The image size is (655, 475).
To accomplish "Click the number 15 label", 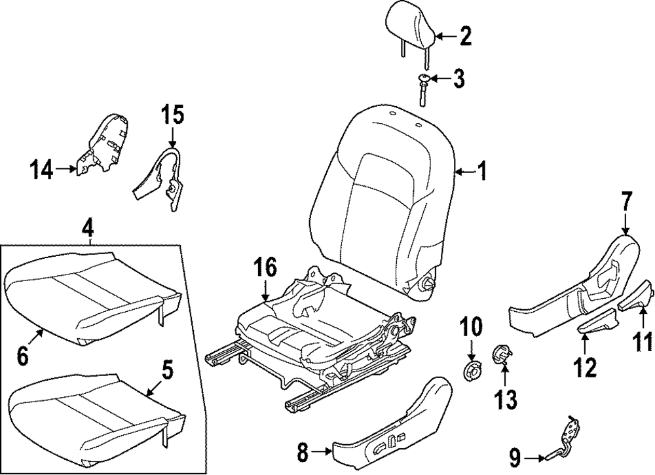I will pyautogui.click(x=173, y=117).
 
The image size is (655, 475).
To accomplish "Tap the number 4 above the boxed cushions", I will pyautogui.click(x=88, y=229).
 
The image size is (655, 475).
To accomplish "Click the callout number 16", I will pyautogui.click(x=265, y=267).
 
